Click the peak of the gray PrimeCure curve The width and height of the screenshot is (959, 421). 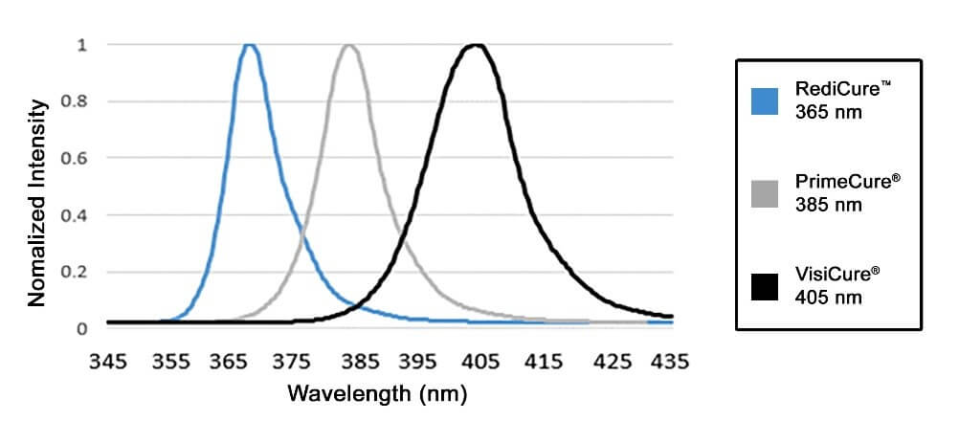tap(349, 45)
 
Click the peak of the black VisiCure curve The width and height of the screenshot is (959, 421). tap(475, 45)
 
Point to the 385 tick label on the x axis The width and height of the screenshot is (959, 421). tap(358, 362)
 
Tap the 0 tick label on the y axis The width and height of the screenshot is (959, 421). tap(83, 328)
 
